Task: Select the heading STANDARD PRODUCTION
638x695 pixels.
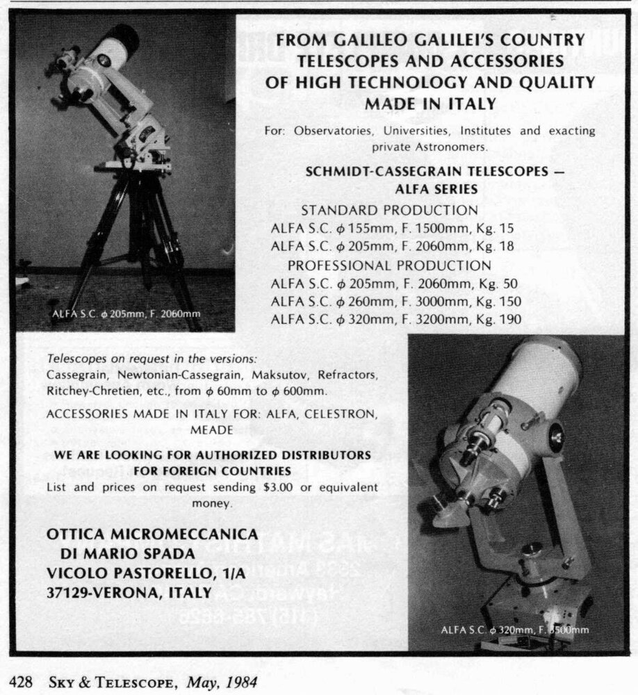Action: point(389,210)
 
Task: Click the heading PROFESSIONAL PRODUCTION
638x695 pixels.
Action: point(389,265)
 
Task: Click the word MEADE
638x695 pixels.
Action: point(211,430)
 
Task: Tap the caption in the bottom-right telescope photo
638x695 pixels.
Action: point(514,630)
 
